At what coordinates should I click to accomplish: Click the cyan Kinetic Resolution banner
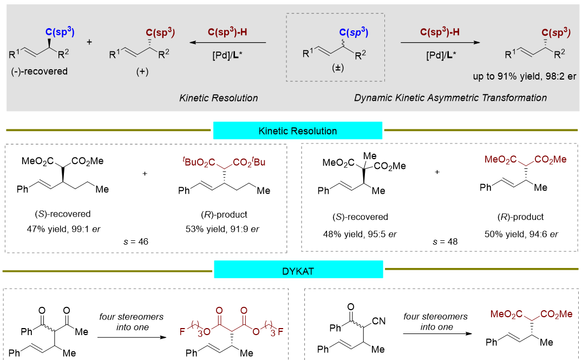(x=298, y=130)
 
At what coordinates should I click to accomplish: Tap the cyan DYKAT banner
(x=298, y=270)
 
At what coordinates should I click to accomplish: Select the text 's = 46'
(x=136, y=241)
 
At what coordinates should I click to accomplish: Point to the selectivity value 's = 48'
(x=445, y=241)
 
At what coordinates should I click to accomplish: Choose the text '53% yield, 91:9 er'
(x=223, y=229)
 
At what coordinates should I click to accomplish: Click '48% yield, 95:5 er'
(x=359, y=234)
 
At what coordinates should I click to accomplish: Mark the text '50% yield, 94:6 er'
(x=521, y=234)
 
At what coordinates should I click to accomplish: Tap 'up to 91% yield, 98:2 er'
(x=525, y=76)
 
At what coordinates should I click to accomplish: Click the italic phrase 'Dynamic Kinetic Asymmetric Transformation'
(x=450, y=97)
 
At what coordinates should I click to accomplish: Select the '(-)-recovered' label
(x=40, y=71)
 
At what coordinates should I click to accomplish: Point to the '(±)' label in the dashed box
(x=337, y=68)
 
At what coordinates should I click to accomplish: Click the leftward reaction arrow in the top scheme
(x=227, y=42)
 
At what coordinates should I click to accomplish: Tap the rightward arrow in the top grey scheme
(x=440, y=42)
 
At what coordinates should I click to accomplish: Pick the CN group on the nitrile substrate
(x=378, y=321)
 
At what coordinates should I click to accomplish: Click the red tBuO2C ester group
(x=199, y=162)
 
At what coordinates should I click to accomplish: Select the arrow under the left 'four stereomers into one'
(x=132, y=337)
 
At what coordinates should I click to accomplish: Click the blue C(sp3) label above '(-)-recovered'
(x=60, y=32)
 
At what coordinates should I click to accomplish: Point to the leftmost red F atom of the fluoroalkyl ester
(x=182, y=331)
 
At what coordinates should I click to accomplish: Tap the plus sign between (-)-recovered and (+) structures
(x=89, y=42)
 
